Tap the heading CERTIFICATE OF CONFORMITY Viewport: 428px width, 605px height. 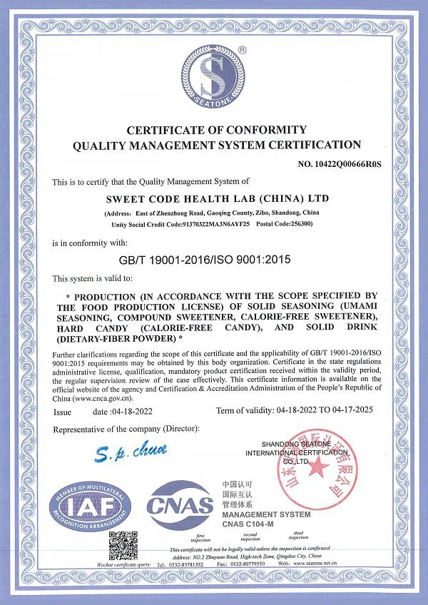tap(216, 130)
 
